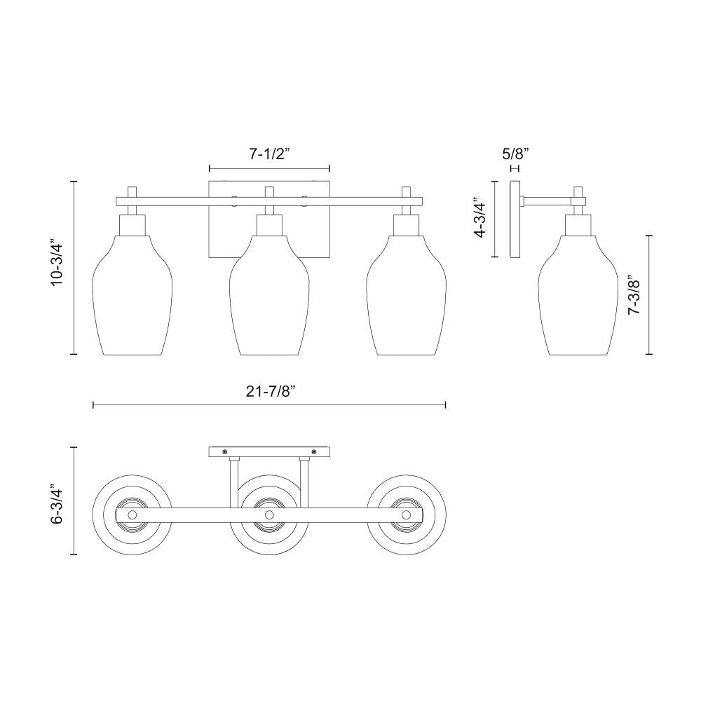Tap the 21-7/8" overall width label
[x=269, y=393]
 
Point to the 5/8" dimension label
[x=515, y=152]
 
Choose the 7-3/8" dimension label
[x=635, y=294]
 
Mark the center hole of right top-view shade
[x=406, y=515]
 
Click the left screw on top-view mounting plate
[x=225, y=451]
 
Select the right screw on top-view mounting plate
[x=314, y=451]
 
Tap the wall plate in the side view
[x=515, y=219]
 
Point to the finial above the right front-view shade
[x=405, y=191]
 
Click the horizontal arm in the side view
[x=547, y=202]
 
